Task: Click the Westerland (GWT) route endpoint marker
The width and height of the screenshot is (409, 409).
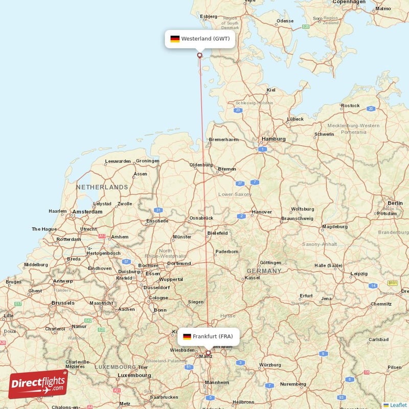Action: pos(199,55)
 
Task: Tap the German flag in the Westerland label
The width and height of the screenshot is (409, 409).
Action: pos(175,39)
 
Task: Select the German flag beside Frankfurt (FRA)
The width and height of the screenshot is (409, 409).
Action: pos(187,336)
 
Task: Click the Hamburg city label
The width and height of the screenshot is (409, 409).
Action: pos(273,139)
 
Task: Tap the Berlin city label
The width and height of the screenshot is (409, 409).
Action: pos(395,203)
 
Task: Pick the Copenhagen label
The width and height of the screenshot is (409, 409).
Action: pos(349,2)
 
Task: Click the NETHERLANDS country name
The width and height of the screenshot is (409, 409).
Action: pos(102,187)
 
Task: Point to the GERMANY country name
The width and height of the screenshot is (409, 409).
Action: pos(264,271)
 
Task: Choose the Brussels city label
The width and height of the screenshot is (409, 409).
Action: pos(63,303)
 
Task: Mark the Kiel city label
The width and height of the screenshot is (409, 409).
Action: pos(271,90)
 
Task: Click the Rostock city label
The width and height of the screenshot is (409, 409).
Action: pos(350,106)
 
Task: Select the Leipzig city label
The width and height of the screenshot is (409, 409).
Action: pos(359,274)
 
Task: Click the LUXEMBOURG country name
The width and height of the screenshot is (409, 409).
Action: pos(115,367)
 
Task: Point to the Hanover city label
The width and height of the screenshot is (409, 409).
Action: pos(262,212)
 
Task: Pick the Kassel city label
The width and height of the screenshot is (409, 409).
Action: pos(252,278)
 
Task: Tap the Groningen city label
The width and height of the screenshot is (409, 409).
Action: pos(147,161)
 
